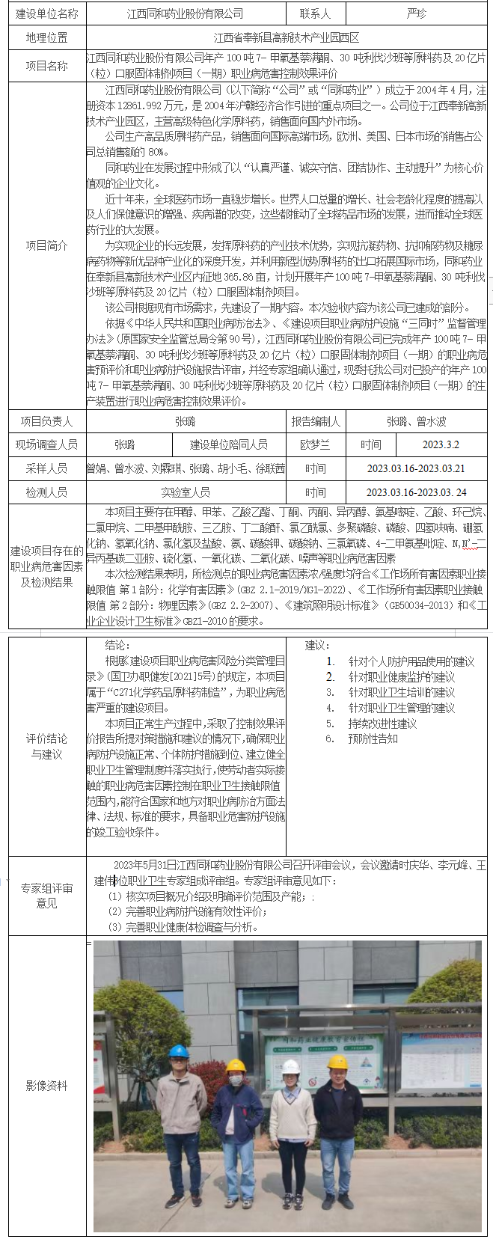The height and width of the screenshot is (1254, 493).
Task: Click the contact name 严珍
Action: (417, 14)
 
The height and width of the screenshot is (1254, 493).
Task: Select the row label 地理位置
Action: (46, 38)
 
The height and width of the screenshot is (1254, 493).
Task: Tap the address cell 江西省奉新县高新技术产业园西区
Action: (287, 38)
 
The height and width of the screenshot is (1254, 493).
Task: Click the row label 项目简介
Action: (46, 245)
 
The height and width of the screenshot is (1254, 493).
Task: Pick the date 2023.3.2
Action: (441, 444)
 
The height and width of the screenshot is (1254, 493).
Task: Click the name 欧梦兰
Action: (315, 444)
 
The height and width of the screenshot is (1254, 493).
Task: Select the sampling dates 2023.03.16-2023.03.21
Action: (416, 468)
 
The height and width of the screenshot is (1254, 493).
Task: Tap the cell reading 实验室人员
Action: (186, 492)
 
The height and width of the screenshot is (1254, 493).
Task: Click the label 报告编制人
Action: (315, 421)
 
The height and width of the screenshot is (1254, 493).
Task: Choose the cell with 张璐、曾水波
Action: (416, 421)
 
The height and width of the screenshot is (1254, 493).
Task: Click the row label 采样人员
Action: (46, 468)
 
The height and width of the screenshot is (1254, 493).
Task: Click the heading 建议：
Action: (317, 645)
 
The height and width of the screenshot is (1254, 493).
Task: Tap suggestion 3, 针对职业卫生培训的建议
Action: (401, 692)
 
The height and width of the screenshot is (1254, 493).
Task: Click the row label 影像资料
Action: (46, 1085)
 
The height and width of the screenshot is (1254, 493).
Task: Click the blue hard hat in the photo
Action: (178, 1051)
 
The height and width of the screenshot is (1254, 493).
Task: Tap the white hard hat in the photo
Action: (290, 1066)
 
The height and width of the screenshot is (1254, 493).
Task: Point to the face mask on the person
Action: (236, 1080)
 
